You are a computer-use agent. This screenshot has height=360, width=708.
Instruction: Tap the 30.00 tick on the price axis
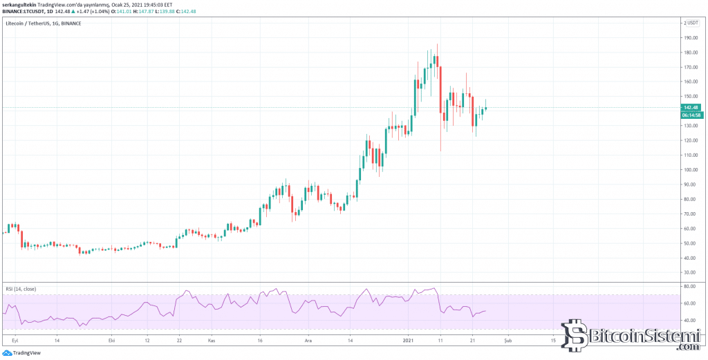689,272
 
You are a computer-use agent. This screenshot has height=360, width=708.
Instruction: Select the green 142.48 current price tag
691,108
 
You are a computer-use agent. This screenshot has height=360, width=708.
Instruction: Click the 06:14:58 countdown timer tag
691,115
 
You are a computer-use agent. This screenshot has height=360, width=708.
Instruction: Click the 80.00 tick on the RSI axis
688,286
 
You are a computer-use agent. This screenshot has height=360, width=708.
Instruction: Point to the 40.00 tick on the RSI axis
688,321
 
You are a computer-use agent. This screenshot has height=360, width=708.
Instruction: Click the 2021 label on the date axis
409,341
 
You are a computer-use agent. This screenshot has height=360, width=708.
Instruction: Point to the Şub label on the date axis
508,341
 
